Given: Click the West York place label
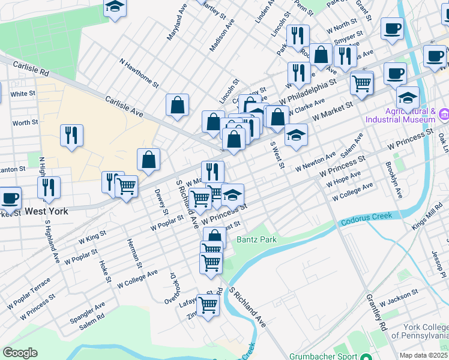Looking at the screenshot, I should (x=46, y=211).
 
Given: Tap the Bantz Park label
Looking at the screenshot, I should (x=256, y=239).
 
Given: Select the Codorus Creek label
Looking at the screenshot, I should (x=366, y=219).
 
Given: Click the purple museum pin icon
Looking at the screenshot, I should (x=444, y=114).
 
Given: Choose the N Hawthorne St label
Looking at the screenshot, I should (x=139, y=72).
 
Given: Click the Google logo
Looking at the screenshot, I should (x=20, y=353).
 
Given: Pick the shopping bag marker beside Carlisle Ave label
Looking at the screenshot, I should (x=178, y=105).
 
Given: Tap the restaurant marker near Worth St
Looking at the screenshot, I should (x=71, y=136).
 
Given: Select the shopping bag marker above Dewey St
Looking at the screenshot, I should (x=148, y=160).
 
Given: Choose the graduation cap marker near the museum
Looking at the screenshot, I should (x=408, y=97).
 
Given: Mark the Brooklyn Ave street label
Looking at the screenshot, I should (x=394, y=180).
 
